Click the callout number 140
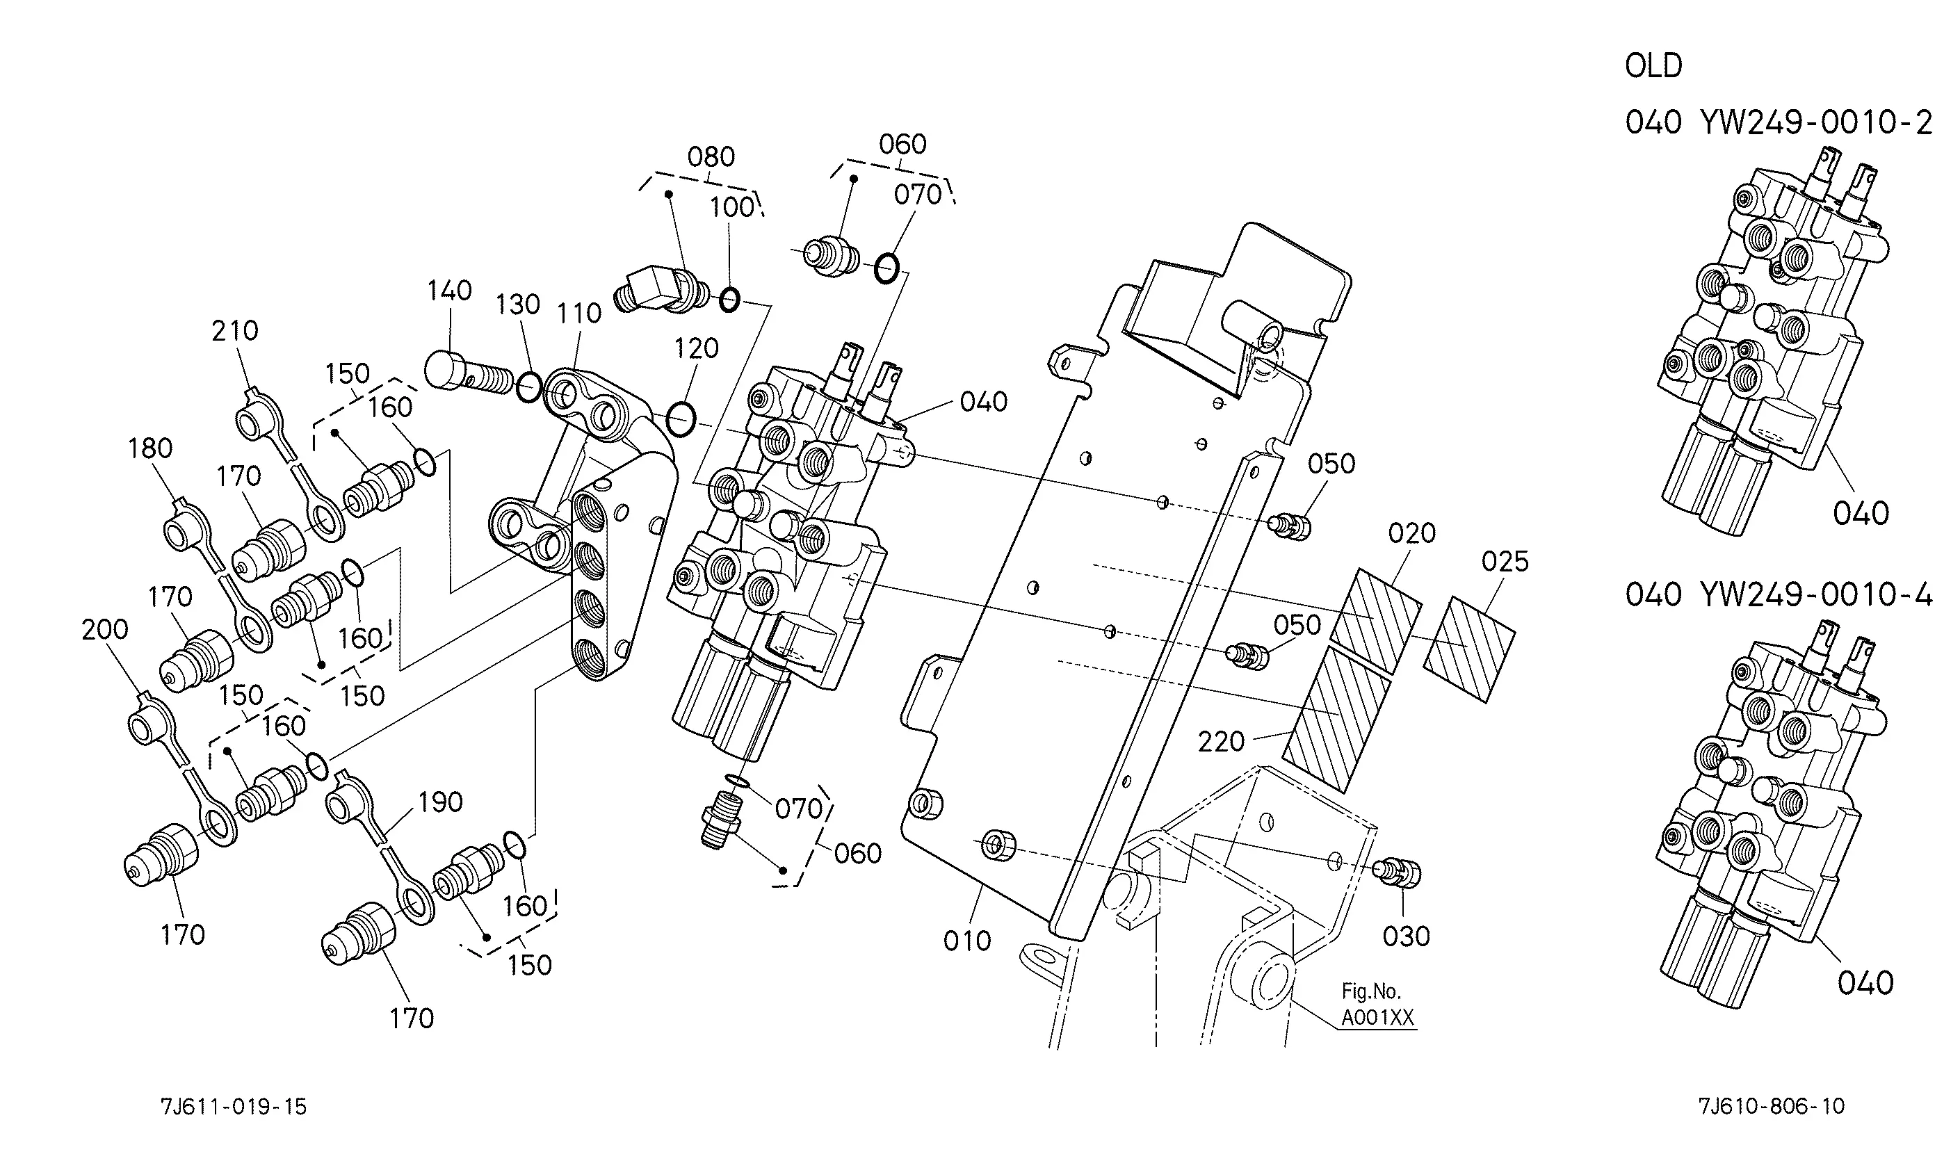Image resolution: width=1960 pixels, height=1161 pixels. [x=449, y=291]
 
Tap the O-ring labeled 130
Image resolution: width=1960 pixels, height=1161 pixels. [x=529, y=387]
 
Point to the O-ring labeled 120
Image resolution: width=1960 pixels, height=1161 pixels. [x=681, y=419]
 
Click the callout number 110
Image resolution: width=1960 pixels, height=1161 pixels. [x=579, y=313]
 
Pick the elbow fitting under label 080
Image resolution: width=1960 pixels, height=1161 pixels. [x=661, y=293]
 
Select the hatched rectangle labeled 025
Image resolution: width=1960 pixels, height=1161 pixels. [x=1469, y=649]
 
